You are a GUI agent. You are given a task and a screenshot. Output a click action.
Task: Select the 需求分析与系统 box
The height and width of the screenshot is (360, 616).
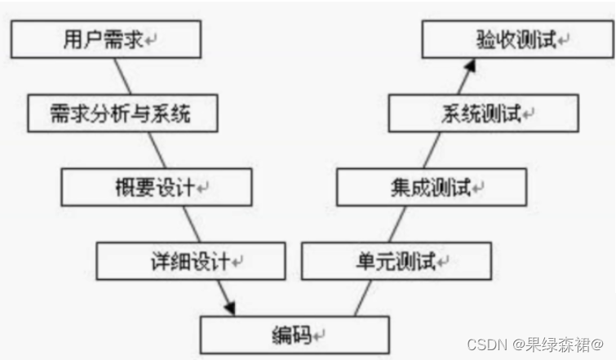click(x=122, y=113)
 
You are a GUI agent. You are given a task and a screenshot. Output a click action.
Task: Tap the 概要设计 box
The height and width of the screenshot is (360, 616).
click(x=155, y=187)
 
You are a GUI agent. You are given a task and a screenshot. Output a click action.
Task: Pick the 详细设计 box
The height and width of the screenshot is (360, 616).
click(x=191, y=261)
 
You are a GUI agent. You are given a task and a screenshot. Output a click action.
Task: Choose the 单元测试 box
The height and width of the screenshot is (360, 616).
click(x=397, y=261)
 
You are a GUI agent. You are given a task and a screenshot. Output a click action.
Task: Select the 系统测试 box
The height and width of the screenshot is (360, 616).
click(x=482, y=113)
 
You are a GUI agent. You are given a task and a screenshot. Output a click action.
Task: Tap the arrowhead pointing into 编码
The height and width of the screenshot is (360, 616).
click(x=228, y=309)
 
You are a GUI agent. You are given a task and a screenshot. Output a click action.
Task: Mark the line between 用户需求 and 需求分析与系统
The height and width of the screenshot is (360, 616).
click(x=125, y=77)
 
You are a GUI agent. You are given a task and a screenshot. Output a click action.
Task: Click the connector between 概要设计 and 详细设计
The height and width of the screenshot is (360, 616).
click(x=190, y=224)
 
